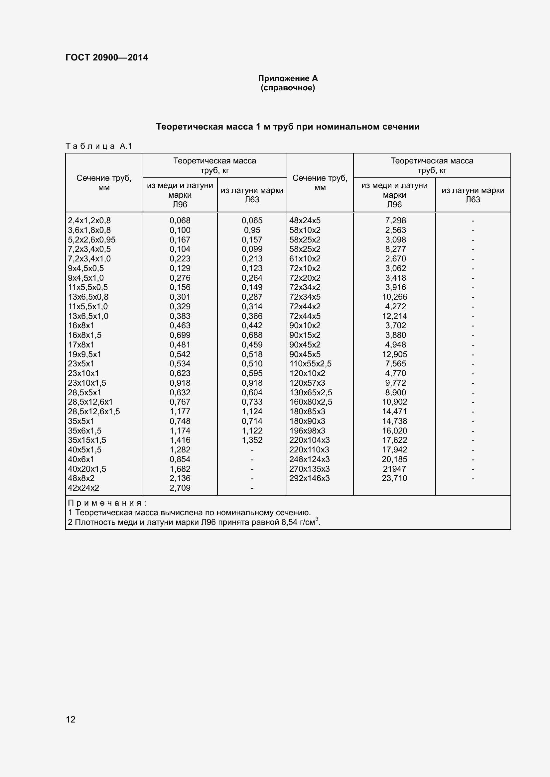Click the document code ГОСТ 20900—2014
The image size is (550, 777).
coord(107,57)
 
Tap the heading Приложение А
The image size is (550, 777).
coord(288,78)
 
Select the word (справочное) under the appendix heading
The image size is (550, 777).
coord(288,88)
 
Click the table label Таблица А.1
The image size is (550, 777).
coord(98,146)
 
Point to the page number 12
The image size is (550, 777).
coord(70,719)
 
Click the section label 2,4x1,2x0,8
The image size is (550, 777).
coord(89,221)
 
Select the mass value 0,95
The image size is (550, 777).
coord(252,230)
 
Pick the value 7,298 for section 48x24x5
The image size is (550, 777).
coord(395,221)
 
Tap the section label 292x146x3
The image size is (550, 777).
coord(309,478)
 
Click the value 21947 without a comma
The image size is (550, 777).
coord(394,469)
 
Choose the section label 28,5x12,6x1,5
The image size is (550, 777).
coord(94,412)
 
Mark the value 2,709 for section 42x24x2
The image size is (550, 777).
coord(180,488)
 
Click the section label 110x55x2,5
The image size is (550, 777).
coord(310,364)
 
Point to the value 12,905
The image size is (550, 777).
coord(394,354)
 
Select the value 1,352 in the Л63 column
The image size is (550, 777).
coord(252,440)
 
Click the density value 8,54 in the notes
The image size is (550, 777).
coord(288,522)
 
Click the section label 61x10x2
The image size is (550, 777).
coord(305,258)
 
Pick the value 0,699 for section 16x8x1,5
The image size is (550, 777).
coord(180,335)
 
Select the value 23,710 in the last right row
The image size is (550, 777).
coord(394,478)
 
